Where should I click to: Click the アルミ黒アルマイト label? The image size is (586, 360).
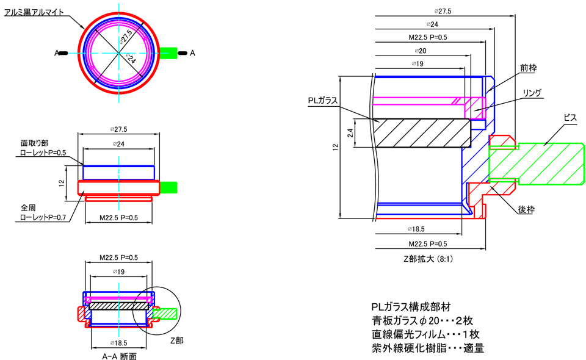click(34, 12)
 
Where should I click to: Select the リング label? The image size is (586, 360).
click(532, 93)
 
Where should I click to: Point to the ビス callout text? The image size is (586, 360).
click(570, 117)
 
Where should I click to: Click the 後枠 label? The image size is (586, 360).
click(526, 209)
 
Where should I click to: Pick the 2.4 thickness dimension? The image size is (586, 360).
click(350, 133)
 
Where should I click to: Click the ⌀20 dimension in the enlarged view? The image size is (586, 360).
click(419, 51)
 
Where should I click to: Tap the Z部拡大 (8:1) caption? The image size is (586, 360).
click(428, 259)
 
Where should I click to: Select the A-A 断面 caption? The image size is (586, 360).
click(119, 356)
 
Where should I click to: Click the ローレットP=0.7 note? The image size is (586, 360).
click(43, 217)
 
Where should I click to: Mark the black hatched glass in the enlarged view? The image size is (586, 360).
click(421, 133)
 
